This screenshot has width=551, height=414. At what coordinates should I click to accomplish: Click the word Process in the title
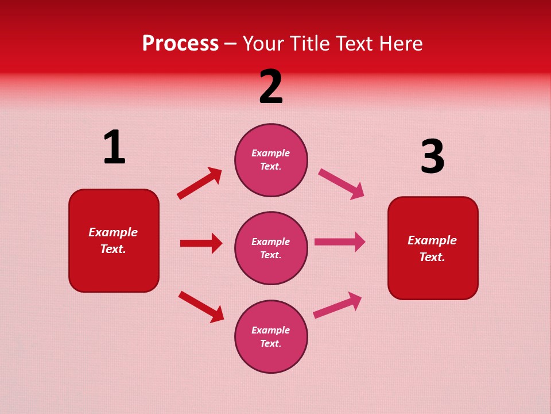180,44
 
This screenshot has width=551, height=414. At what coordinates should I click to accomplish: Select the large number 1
114,148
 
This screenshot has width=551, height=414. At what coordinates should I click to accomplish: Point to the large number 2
271,87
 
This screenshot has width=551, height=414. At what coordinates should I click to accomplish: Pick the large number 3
432,156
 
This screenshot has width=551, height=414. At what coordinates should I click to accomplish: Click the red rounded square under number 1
114,240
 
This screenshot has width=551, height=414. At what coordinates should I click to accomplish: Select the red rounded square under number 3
433,248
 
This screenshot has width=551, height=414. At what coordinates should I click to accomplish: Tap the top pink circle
271,160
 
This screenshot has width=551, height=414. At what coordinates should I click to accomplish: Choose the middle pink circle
271,248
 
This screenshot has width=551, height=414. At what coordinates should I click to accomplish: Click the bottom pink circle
271,336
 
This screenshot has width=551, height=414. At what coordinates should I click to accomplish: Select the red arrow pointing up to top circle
199,183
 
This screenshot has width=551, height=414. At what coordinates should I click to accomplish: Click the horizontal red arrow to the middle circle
201,243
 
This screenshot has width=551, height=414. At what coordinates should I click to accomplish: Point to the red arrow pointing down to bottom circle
201,306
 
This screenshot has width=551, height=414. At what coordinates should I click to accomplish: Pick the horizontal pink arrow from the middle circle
340,242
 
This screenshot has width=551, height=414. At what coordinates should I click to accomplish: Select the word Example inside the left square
113,232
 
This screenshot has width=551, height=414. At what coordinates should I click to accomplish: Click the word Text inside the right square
431,257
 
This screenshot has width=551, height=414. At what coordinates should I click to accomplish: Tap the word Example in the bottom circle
270,330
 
